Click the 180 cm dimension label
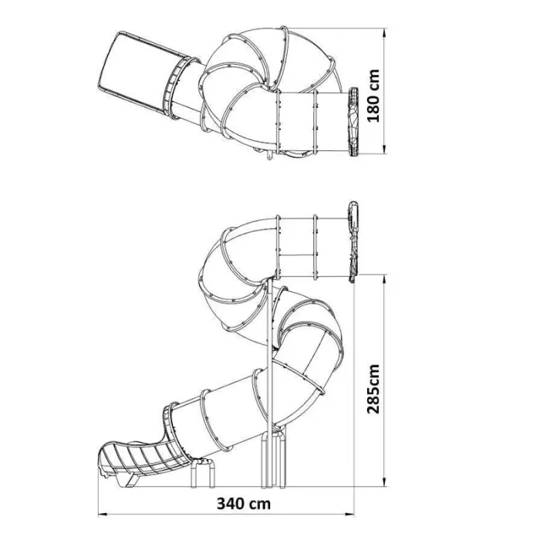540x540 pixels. coord(373,96)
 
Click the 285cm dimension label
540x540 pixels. coord(373,388)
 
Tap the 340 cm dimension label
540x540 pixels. coord(244,505)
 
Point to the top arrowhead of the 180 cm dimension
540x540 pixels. coord(385,32)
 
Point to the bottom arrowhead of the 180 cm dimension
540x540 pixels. coord(385,148)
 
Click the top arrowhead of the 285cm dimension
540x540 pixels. coord(385,279)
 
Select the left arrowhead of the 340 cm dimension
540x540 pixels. coord(103,515)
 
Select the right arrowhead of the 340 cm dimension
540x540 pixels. coord(349,515)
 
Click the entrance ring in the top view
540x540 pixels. coord(353,122)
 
